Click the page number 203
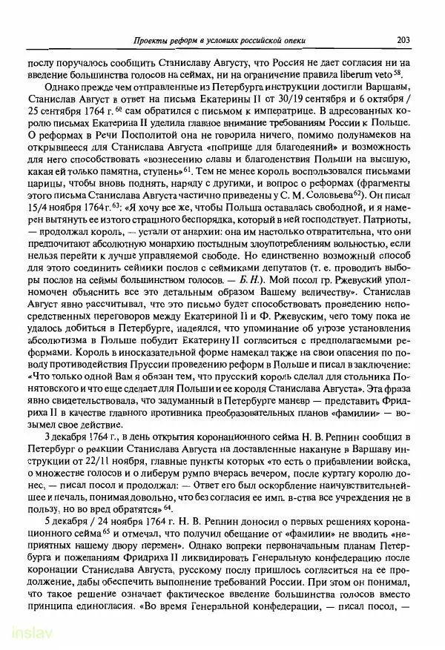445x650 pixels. point(403,39)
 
